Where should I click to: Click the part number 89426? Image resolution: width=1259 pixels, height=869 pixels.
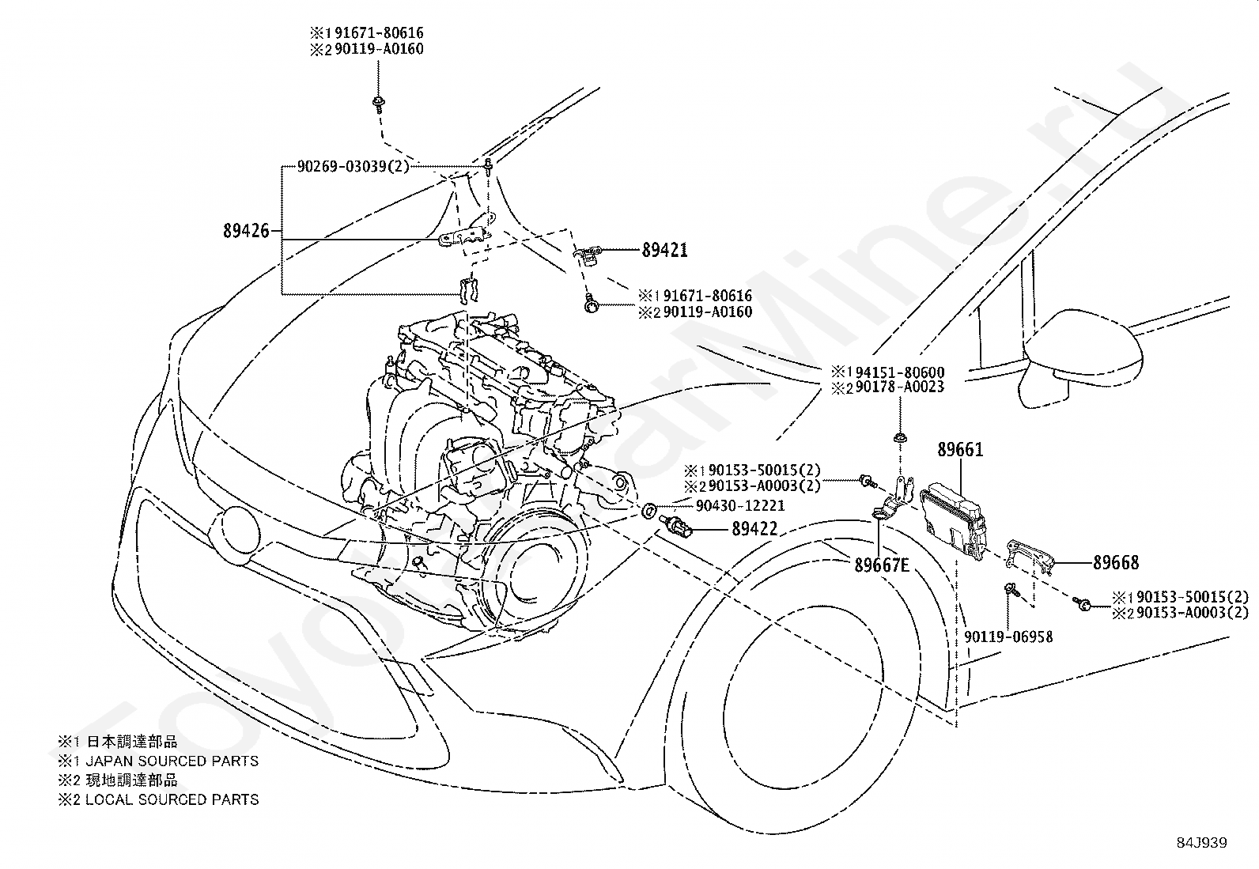(x=246, y=231)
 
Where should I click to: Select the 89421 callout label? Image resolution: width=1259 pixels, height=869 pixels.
(x=665, y=250)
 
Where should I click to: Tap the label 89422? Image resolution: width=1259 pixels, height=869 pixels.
(x=754, y=529)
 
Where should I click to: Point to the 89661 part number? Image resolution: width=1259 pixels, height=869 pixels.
(x=961, y=450)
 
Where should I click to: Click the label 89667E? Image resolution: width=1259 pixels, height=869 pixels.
(x=882, y=565)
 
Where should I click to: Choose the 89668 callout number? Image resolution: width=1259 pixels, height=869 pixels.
(x=1116, y=563)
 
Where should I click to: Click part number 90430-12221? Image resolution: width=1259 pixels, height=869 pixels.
(x=740, y=506)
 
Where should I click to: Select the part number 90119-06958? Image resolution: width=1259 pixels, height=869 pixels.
(x=1008, y=637)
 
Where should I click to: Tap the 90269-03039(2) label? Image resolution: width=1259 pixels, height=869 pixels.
(x=353, y=166)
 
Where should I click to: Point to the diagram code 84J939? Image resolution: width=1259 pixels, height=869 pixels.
(x=1202, y=843)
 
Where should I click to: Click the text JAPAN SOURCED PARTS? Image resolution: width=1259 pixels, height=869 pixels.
(x=172, y=761)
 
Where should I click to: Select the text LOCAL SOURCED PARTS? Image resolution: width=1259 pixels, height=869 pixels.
(x=172, y=799)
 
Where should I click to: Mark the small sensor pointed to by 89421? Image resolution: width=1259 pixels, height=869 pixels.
(x=588, y=255)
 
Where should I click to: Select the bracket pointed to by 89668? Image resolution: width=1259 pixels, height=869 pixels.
(x=1030, y=557)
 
